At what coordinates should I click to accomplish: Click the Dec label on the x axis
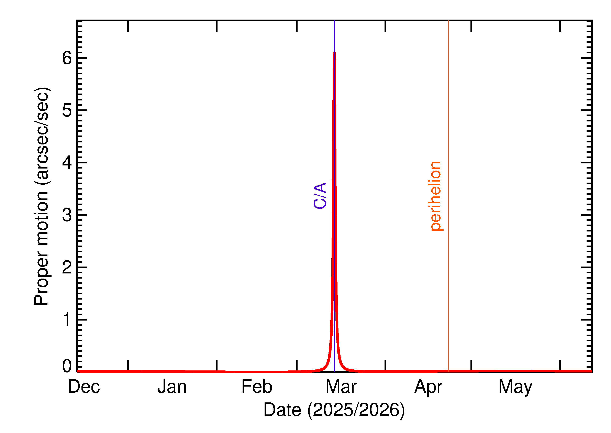click(84, 387)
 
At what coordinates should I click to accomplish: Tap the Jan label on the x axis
click(172, 387)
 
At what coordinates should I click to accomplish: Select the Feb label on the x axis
click(257, 387)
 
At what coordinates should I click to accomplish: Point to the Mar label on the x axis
click(341, 387)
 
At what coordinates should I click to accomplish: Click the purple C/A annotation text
click(320, 196)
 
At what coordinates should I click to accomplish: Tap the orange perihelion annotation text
click(436, 196)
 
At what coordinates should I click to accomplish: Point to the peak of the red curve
click(334, 53)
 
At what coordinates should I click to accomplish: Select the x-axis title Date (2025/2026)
click(334, 410)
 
